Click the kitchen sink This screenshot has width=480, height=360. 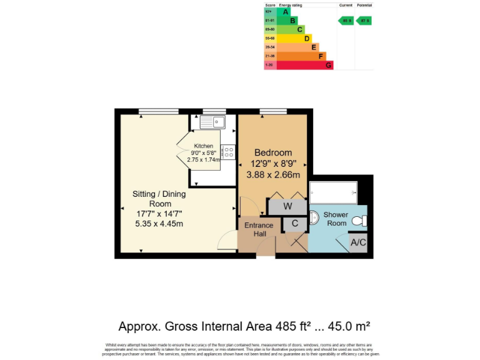(213, 122)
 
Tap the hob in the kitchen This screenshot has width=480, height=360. (227, 152)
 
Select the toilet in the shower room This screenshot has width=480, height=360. (359, 221)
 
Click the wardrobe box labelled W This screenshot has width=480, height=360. (287, 206)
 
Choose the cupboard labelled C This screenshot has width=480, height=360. (294, 223)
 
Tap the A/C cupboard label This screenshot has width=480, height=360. (358, 242)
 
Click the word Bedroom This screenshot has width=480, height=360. (272, 153)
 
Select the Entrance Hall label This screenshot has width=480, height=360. (259, 229)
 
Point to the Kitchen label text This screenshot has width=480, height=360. (203, 146)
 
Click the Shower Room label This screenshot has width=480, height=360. (336, 219)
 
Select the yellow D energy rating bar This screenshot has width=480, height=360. (293, 38)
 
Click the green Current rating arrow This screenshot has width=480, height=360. (346, 21)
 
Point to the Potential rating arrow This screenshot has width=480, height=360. (364, 21)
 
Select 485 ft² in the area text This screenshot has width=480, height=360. (287, 326)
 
